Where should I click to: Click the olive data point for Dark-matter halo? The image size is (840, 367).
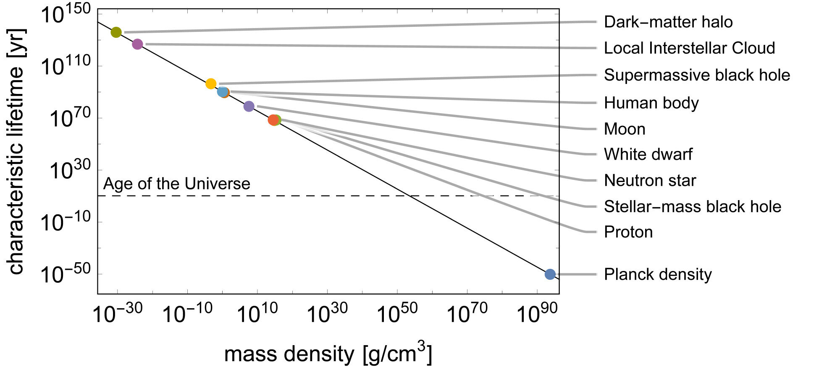coord(116,32)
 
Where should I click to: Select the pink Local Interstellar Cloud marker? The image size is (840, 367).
coord(137,44)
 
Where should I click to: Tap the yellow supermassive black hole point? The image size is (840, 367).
coord(211,83)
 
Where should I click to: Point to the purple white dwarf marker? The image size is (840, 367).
coord(249,106)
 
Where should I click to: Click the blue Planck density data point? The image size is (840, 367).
coord(550,274)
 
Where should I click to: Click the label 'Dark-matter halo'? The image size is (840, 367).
coord(668,22)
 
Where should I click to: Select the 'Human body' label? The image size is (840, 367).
coord(651,103)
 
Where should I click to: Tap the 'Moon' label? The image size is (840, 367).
coord(624,129)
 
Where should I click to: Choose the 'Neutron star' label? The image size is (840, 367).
coord(650,181)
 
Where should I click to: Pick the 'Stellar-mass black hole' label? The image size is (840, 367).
coord(692,207)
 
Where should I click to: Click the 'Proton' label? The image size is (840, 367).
coord(628,232)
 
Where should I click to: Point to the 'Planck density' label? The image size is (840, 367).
coord(658,275)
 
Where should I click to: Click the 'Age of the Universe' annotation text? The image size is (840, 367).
coord(176,184)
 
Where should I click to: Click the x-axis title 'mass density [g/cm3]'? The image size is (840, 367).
coord(328,353)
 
